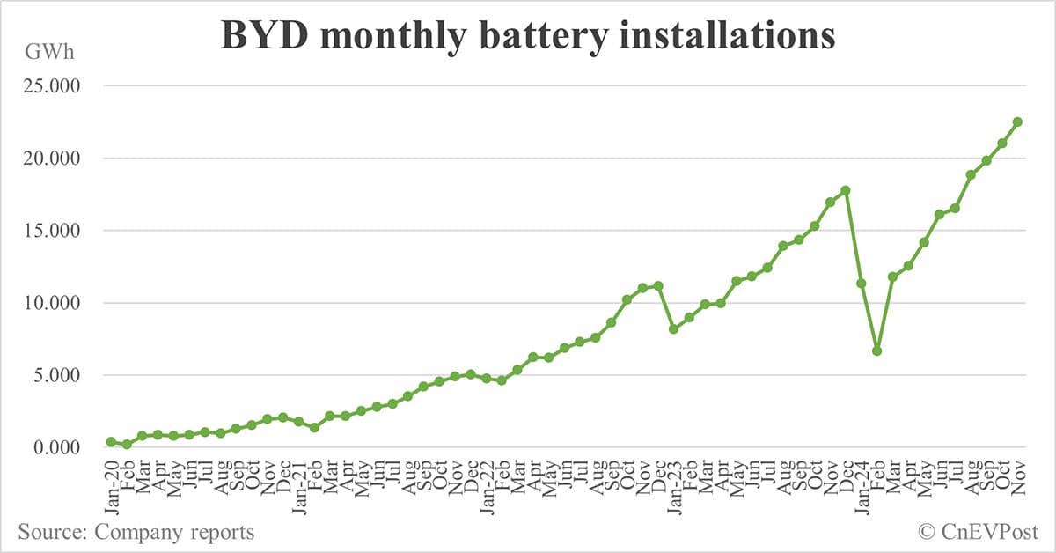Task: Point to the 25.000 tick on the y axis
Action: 54,86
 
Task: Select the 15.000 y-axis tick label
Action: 54,231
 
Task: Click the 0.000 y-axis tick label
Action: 58,447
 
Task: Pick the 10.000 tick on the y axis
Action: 54,303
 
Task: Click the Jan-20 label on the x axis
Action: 112,483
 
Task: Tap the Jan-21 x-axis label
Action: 299,483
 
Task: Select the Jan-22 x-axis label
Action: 487,483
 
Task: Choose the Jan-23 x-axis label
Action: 674,483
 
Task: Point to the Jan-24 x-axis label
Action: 862,483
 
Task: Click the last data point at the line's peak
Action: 1017,122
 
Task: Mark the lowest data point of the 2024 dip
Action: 877,350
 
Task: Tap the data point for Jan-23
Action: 674,329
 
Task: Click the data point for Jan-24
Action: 862,284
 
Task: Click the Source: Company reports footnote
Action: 136,532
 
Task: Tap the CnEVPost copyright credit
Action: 978,532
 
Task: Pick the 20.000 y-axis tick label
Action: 54,159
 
